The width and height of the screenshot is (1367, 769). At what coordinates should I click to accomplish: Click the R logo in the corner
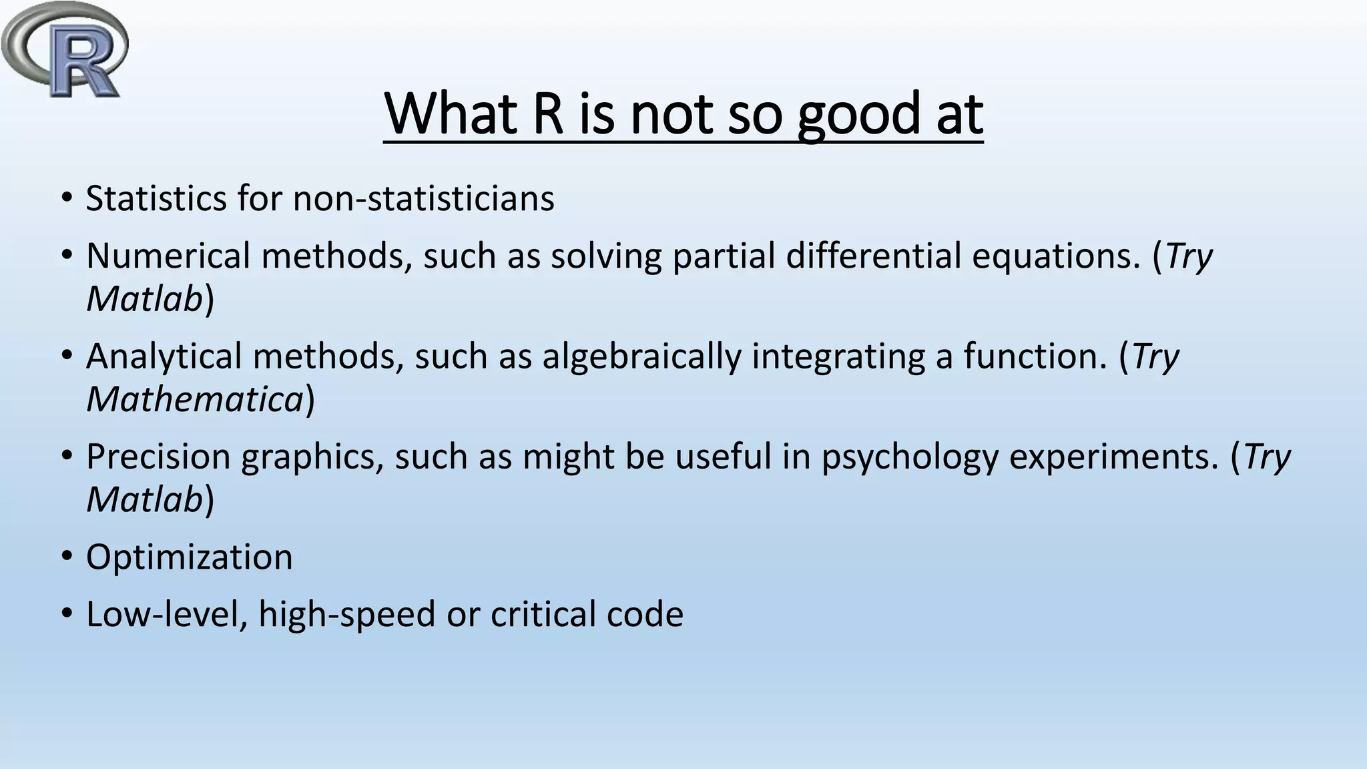tap(65, 50)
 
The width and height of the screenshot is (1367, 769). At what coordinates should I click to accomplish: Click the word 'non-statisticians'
tap(424, 199)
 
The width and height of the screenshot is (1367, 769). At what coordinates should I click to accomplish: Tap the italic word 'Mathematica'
tap(195, 399)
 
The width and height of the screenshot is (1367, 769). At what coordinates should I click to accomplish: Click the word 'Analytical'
tap(164, 356)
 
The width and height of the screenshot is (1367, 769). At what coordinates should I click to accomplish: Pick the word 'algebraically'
tap(641, 356)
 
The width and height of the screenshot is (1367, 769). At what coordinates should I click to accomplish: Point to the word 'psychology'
tap(909, 457)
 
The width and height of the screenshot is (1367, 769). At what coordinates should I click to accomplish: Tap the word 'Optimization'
tap(190, 557)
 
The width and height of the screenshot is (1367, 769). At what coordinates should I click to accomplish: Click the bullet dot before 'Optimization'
tap(67, 557)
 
